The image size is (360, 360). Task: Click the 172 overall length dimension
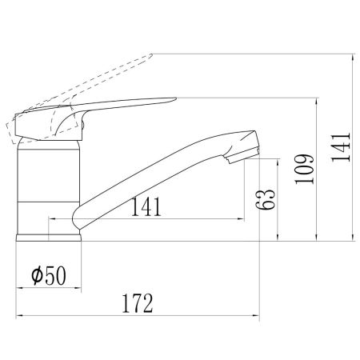[138, 303]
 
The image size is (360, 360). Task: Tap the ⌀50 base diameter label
[49, 276]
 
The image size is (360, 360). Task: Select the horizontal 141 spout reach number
[146, 206]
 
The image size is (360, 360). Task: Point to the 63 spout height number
[265, 199]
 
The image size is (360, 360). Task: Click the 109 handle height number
[305, 169]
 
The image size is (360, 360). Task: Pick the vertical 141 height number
[341, 146]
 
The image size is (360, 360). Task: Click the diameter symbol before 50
[37, 276]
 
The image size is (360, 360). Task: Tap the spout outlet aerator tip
[242, 156]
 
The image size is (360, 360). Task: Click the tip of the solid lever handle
[176, 98]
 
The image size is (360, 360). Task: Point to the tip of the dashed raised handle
[151, 54]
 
